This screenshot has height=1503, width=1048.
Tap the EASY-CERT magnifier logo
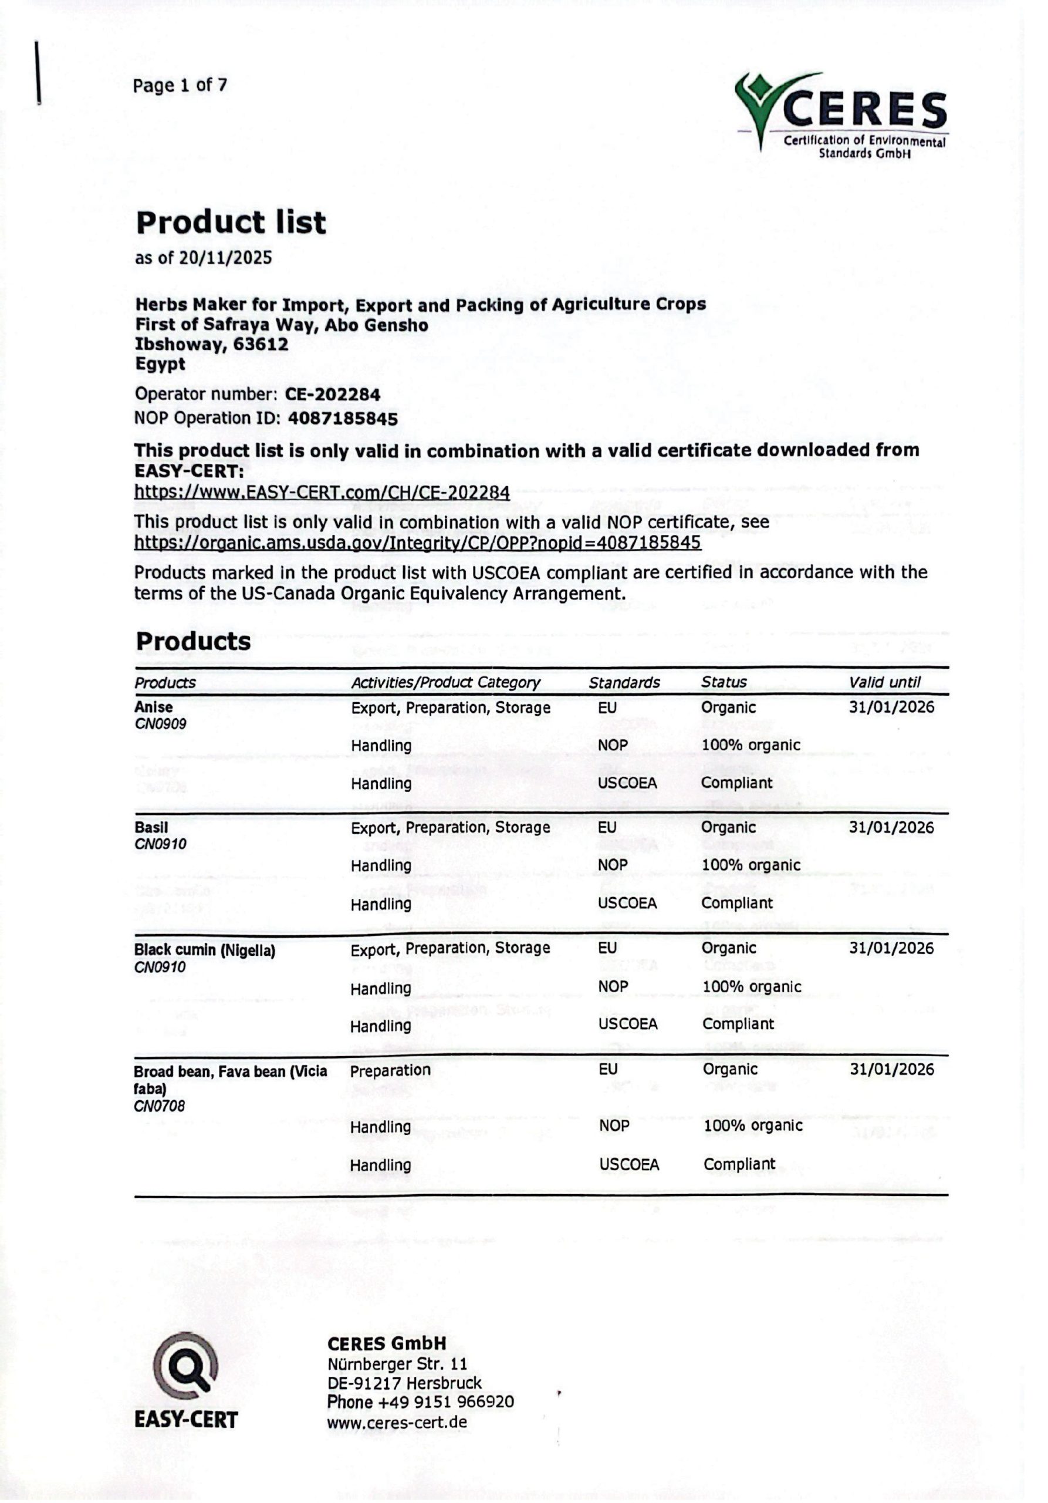185,1364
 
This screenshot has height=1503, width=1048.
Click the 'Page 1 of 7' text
180,85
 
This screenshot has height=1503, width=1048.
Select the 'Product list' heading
230,223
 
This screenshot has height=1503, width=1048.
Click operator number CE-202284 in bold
332,394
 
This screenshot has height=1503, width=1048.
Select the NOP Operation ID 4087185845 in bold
343,418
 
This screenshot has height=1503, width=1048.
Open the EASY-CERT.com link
322,491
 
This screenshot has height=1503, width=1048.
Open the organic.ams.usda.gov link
417,542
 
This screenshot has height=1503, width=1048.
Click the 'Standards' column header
624,682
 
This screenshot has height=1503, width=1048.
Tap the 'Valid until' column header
884,682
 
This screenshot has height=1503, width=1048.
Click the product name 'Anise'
154,707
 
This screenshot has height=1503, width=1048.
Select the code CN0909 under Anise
160,724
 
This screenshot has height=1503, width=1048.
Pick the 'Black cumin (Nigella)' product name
204,950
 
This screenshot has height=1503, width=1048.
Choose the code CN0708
160,1106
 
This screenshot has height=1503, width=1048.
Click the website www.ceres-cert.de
397,1422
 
